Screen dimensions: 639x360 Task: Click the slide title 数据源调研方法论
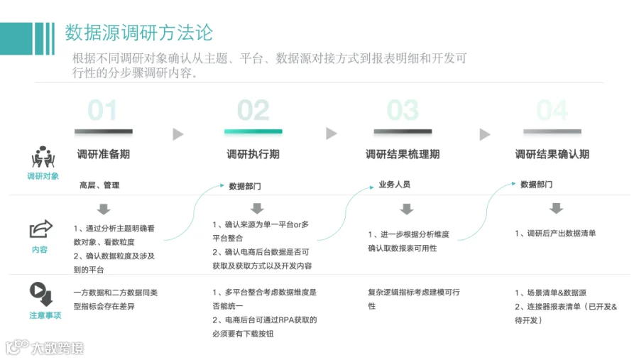139,33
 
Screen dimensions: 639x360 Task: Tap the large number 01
103,110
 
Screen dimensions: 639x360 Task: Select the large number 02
253,110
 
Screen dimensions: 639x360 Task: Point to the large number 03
403,110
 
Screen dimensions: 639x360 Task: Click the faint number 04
552,110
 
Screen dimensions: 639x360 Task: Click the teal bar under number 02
253,131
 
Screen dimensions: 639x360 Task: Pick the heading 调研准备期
104,154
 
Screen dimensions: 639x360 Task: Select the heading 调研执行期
253,154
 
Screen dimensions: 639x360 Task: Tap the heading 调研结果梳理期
403,154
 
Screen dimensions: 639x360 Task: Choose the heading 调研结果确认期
552,154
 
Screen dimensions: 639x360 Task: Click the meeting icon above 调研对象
43,157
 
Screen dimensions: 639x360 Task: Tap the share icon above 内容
40,229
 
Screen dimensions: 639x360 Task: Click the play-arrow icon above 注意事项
41,294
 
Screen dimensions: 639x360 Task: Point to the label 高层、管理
99,185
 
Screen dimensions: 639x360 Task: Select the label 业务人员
395,185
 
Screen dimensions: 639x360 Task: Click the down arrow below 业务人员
407,209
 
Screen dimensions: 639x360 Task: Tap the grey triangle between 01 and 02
178,134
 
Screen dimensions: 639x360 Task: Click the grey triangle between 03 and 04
484,134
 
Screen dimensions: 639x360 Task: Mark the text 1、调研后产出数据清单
555,233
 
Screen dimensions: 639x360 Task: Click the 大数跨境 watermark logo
45,347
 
